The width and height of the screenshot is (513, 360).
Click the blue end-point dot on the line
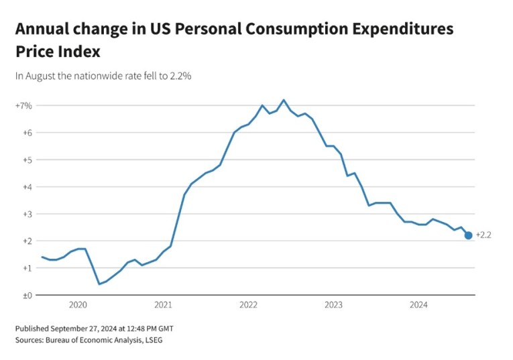click(x=468, y=235)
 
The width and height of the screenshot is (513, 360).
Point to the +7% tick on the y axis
click(x=23, y=106)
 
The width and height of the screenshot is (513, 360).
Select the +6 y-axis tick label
click(x=24, y=133)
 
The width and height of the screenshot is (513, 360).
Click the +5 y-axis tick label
click(x=24, y=160)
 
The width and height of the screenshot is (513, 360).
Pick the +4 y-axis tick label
click(x=24, y=187)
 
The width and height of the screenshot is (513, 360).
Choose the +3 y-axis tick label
click(x=24, y=214)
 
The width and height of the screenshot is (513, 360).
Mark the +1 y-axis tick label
click(x=24, y=268)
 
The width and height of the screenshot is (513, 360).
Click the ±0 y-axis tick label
click(x=24, y=295)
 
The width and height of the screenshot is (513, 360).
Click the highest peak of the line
click(x=284, y=100)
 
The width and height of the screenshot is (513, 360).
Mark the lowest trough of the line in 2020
click(x=99, y=284)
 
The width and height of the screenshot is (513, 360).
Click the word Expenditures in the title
click(x=388, y=29)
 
